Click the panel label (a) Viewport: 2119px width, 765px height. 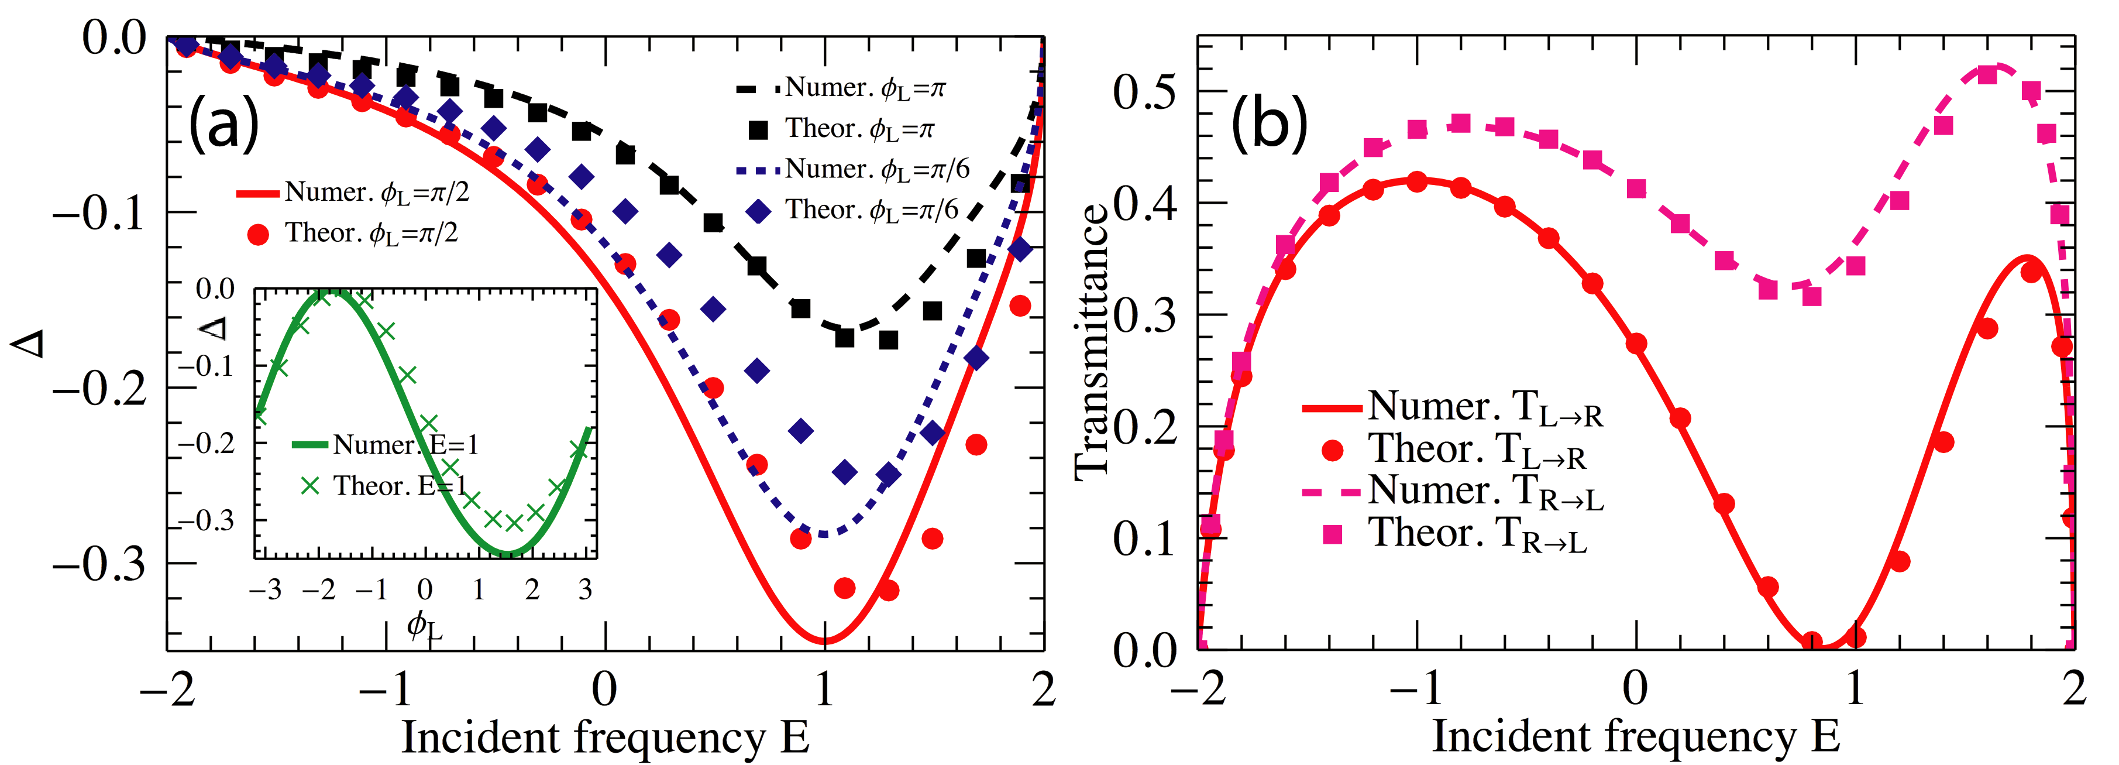point(223,124)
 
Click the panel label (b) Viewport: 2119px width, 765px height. point(1268,124)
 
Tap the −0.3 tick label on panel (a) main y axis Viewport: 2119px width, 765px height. point(99,564)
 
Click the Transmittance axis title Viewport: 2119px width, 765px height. point(1092,341)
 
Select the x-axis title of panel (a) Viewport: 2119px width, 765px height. point(604,737)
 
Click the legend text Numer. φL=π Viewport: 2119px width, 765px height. point(865,87)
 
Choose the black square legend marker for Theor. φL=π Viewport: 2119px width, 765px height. point(758,129)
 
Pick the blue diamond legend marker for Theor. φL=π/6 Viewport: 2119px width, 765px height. point(758,211)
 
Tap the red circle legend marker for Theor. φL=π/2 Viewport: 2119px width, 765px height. point(259,235)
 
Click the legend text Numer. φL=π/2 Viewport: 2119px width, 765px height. point(377,193)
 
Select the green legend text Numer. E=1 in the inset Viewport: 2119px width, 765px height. point(405,445)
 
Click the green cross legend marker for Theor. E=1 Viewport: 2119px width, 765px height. point(310,486)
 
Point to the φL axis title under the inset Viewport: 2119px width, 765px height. point(425,627)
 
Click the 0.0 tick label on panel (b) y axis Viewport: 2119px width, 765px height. point(1144,651)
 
